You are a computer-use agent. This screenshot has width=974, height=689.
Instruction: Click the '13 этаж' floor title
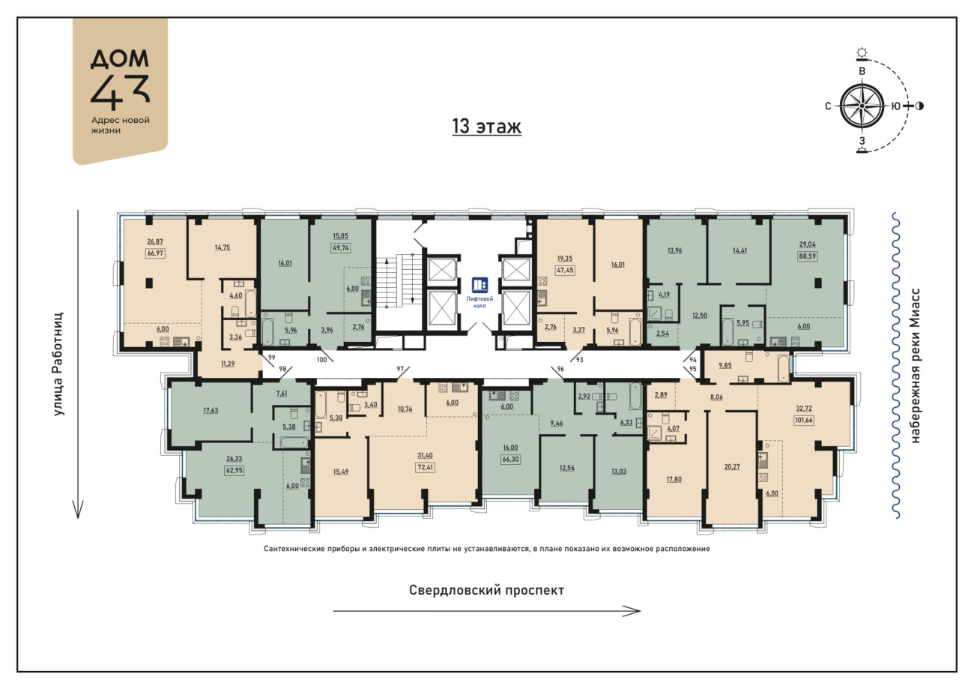(486, 126)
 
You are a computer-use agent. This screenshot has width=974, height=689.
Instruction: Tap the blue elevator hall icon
(480, 285)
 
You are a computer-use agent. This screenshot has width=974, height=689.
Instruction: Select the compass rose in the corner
(862, 106)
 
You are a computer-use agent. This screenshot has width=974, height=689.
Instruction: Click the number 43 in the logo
(120, 92)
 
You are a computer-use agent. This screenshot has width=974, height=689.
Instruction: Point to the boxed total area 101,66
(803, 420)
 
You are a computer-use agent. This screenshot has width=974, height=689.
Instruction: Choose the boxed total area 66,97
(155, 253)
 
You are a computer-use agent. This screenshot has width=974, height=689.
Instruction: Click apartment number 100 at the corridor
(321, 360)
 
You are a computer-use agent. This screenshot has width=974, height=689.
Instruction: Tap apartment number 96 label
(560, 369)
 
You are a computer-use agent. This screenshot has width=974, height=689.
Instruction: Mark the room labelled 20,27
(732, 467)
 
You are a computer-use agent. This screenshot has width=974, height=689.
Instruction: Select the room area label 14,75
(223, 247)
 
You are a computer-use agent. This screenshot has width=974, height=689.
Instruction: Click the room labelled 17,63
(211, 410)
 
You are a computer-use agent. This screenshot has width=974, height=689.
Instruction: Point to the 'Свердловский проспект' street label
(486, 591)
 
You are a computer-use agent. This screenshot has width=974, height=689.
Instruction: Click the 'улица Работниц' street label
(58, 364)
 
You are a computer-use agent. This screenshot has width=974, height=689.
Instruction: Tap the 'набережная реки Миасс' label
(916, 365)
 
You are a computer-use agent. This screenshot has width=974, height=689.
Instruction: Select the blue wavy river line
(895, 365)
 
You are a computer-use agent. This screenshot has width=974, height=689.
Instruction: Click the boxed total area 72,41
(426, 467)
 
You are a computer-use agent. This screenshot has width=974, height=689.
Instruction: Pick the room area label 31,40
(426, 455)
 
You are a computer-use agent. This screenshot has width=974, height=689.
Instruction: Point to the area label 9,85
(725, 365)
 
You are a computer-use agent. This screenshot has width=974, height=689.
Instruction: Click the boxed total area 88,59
(808, 256)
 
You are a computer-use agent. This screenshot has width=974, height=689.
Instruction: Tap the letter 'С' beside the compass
(828, 106)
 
